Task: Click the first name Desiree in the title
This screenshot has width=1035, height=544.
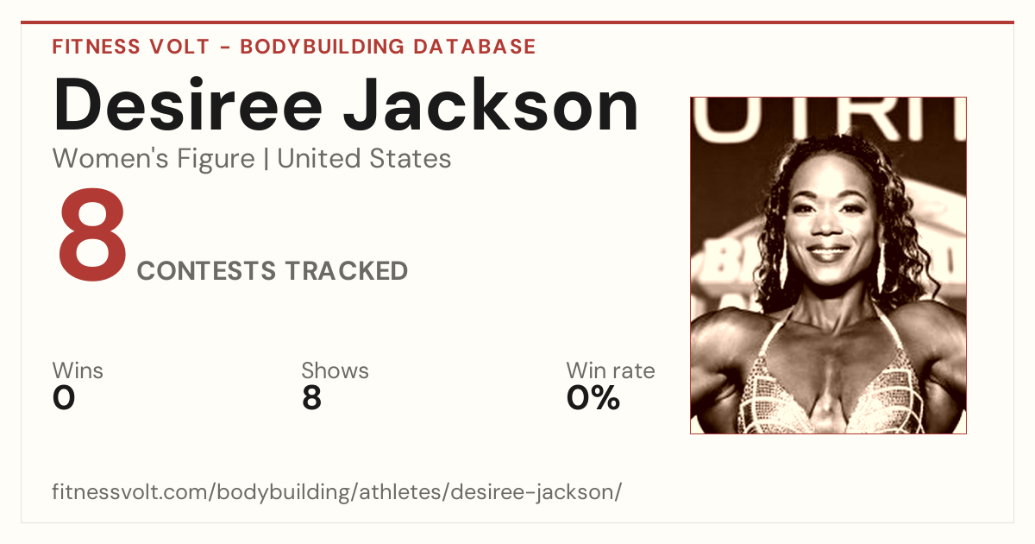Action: click(187, 105)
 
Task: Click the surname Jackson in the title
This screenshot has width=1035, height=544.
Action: click(491, 105)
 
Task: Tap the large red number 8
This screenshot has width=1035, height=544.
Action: click(92, 235)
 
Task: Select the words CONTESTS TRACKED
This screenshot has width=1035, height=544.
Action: click(273, 270)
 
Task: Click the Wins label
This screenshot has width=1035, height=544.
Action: click(78, 370)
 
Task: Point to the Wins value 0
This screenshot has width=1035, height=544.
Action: click(64, 398)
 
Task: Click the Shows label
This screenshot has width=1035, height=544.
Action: click(335, 370)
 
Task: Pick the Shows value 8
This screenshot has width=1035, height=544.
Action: click(311, 398)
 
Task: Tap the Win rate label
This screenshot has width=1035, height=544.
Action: click(611, 370)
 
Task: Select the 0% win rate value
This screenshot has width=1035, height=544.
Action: click(593, 398)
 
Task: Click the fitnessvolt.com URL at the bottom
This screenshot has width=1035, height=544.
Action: click(337, 491)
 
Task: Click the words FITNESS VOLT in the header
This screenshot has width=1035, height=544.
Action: click(131, 47)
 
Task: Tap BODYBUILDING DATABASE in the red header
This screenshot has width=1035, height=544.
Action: click(387, 47)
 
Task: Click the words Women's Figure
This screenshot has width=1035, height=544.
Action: click(154, 158)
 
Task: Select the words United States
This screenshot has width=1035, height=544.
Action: click(364, 158)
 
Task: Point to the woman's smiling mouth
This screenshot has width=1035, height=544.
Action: click(827, 252)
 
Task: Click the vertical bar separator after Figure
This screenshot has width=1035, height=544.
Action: click(266, 159)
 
